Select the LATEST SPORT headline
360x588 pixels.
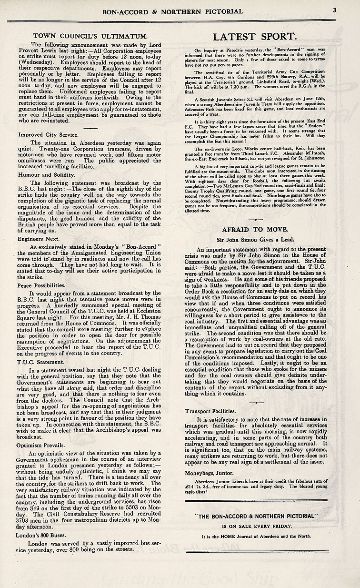255,37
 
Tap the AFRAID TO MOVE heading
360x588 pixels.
255,227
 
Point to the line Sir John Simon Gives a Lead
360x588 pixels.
255,239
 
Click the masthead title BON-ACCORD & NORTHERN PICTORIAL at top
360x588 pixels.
180,10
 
